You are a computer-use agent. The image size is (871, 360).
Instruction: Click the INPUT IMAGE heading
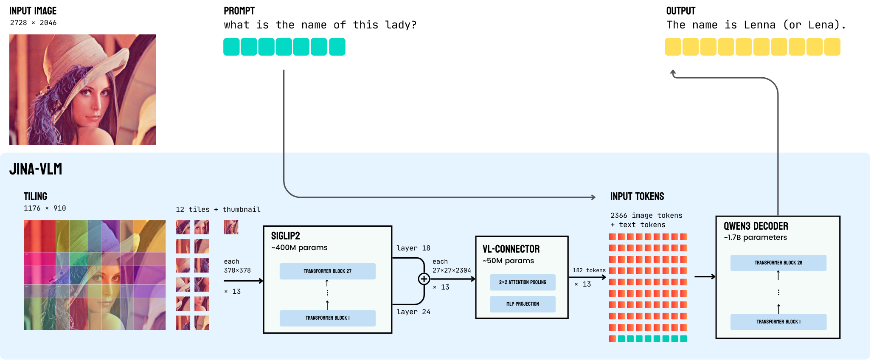tap(33, 11)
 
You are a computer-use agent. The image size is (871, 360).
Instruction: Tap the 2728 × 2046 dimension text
tap(33, 23)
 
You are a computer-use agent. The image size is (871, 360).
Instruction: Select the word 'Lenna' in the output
tap(759, 25)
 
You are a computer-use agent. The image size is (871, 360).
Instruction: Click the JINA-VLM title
tap(36, 169)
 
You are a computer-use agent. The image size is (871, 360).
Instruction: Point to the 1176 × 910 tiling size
tap(45, 208)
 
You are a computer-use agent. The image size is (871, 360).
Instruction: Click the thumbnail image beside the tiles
tap(231, 227)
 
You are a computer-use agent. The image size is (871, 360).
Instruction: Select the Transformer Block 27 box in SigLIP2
tap(327, 271)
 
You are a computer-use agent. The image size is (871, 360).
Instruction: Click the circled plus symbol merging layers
tap(424, 279)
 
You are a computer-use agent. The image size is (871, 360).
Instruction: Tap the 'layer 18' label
tap(413, 248)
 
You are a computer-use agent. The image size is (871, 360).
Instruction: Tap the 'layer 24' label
tap(413, 312)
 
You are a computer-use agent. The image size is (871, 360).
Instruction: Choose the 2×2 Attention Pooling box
tap(522, 282)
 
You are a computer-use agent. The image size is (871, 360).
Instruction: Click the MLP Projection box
tap(522, 304)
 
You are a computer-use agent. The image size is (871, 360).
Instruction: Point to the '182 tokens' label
tap(589, 270)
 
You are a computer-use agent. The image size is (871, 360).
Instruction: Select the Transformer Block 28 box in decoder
tap(778, 263)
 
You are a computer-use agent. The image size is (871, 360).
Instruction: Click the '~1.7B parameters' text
tap(755, 238)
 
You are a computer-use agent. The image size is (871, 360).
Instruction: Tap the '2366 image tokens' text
tap(646, 216)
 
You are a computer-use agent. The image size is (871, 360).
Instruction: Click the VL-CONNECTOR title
tap(511, 249)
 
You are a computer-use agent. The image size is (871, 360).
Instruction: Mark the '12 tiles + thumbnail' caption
tap(218, 210)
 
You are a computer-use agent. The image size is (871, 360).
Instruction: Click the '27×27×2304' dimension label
tap(451, 270)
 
